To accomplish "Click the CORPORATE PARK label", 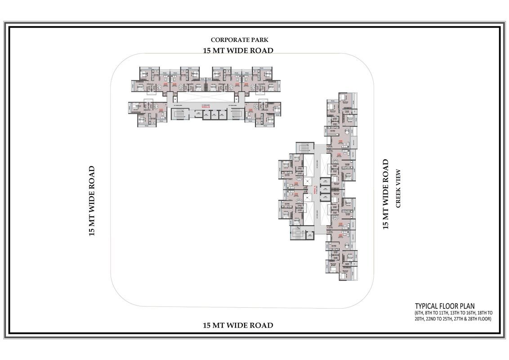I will click(x=239, y=40).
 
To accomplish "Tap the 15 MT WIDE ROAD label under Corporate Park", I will click(x=238, y=50).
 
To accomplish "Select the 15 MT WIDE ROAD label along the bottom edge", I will click(x=238, y=325).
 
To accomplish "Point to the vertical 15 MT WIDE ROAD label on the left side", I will click(x=92, y=201).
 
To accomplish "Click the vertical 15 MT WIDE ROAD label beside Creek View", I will click(x=385, y=194).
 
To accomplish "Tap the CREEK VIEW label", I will click(x=397, y=189).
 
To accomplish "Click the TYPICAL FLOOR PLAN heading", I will click(x=444, y=306).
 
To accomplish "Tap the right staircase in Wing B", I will click(x=237, y=114).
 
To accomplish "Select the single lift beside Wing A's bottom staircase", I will click(x=309, y=234).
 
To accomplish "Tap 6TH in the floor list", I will click(x=421, y=313).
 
